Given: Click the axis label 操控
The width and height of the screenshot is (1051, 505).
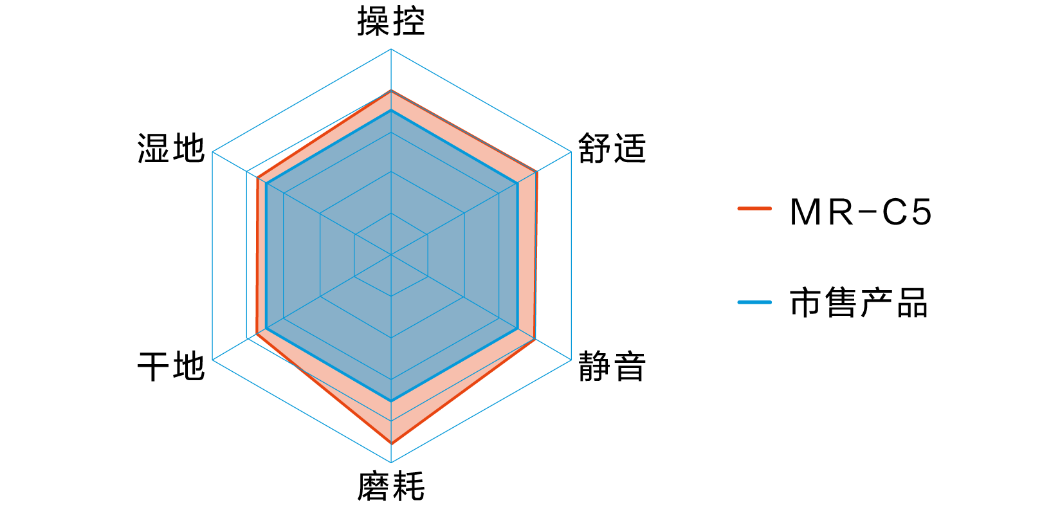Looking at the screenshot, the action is click(x=391, y=21).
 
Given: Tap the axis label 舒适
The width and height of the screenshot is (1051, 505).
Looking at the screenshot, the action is click(x=612, y=148).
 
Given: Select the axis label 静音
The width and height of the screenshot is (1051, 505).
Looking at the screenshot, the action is click(x=612, y=365).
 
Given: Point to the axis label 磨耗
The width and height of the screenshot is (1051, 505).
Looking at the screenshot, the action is click(x=391, y=486).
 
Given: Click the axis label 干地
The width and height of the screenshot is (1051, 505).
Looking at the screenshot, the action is click(x=171, y=365).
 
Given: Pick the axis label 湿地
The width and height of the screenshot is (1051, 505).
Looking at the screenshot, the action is click(x=171, y=148).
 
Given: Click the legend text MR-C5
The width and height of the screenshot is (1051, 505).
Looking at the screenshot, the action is click(x=861, y=212).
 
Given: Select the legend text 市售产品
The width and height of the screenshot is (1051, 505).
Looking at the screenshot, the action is click(x=859, y=303).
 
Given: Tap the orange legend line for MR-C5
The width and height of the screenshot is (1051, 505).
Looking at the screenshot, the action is click(x=754, y=208).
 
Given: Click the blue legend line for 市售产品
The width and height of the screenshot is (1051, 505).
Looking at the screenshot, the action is click(x=754, y=302).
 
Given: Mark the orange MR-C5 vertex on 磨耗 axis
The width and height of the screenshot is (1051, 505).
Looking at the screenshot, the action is click(x=391, y=443).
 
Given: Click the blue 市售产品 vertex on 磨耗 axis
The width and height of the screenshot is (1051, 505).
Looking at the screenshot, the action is click(x=391, y=400).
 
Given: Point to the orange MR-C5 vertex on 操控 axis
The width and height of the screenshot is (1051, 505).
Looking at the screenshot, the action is click(x=391, y=91).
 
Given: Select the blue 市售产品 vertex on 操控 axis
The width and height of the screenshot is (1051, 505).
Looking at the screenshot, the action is click(x=391, y=111).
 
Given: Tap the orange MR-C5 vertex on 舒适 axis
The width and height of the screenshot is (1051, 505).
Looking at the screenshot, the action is click(x=537, y=172).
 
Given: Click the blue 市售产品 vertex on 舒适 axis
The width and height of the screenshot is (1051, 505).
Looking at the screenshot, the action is click(x=517, y=183).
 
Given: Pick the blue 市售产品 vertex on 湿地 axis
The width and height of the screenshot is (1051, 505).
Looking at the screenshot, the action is click(x=266, y=183).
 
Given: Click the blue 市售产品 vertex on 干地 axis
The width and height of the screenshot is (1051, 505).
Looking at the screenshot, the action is click(x=266, y=327).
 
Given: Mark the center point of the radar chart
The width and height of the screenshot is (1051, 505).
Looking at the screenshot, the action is click(x=391, y=255).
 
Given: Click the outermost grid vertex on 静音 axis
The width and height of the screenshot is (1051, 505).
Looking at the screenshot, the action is click(x=571, y=360).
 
